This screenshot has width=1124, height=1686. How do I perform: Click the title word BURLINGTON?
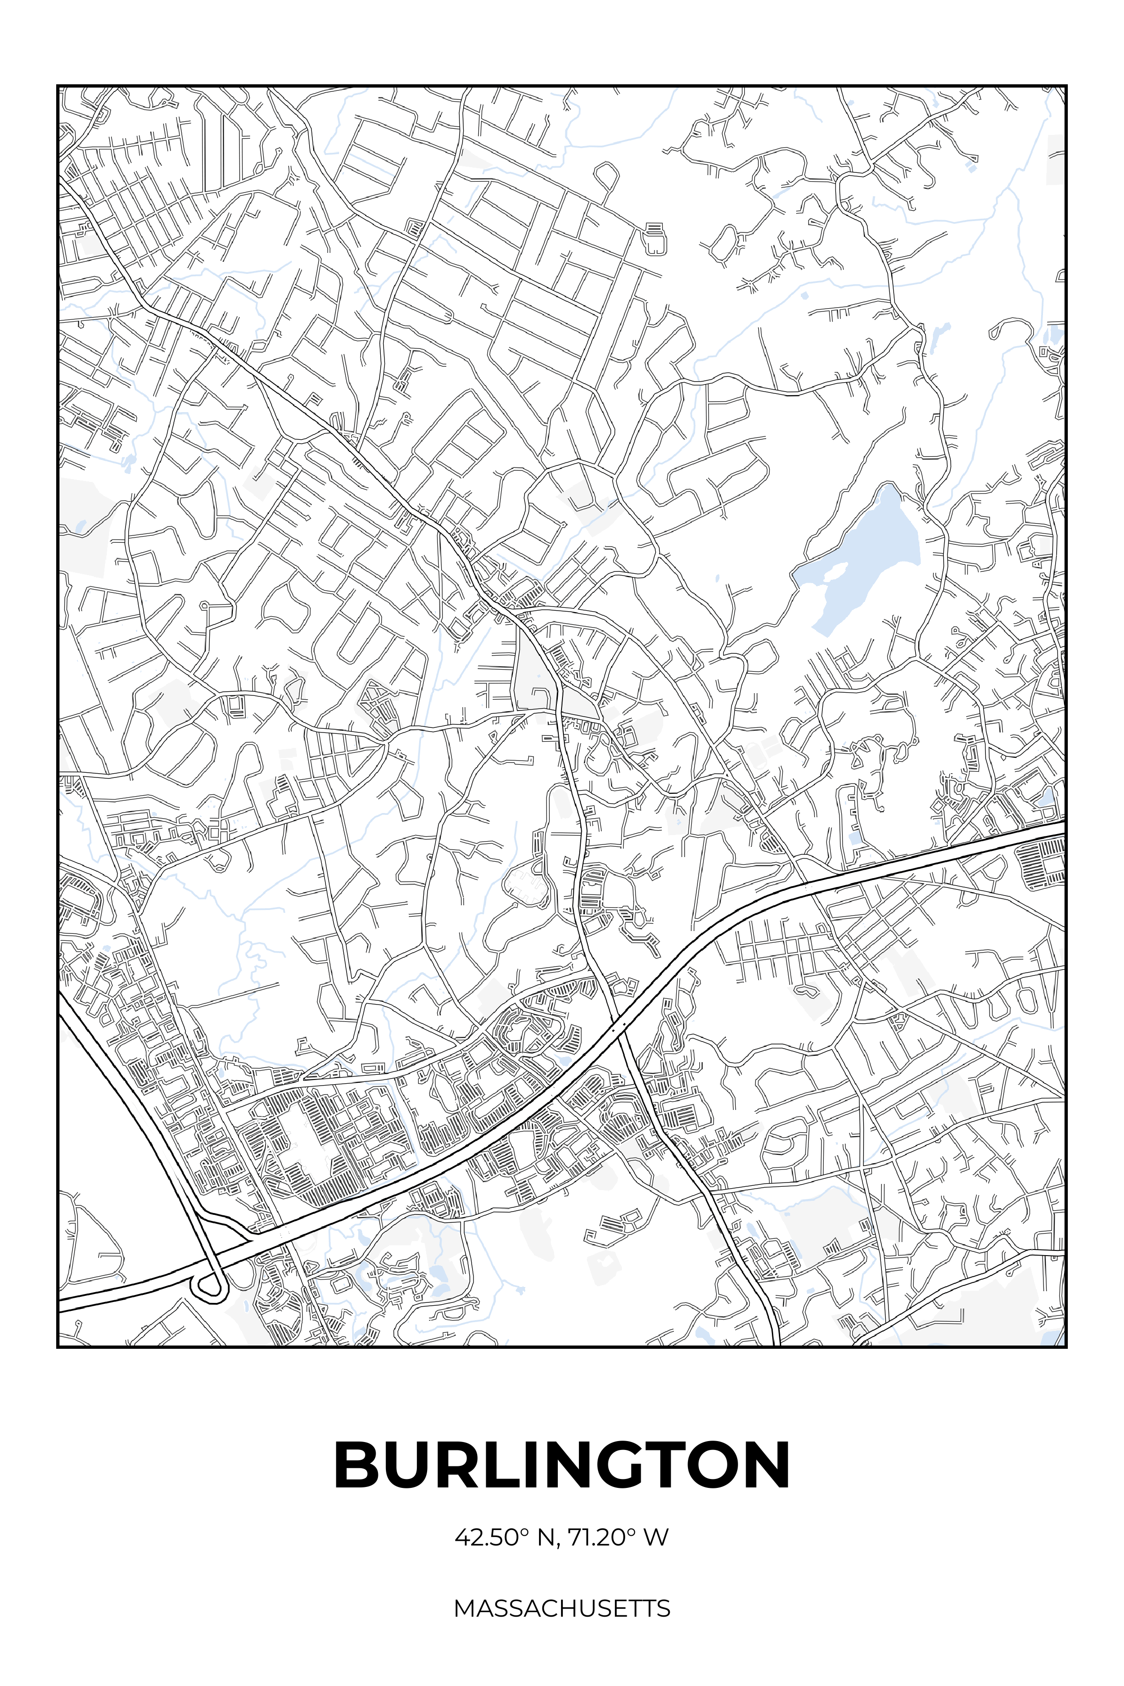[562, 1465]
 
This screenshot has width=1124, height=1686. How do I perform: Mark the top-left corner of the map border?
[58, 86]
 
